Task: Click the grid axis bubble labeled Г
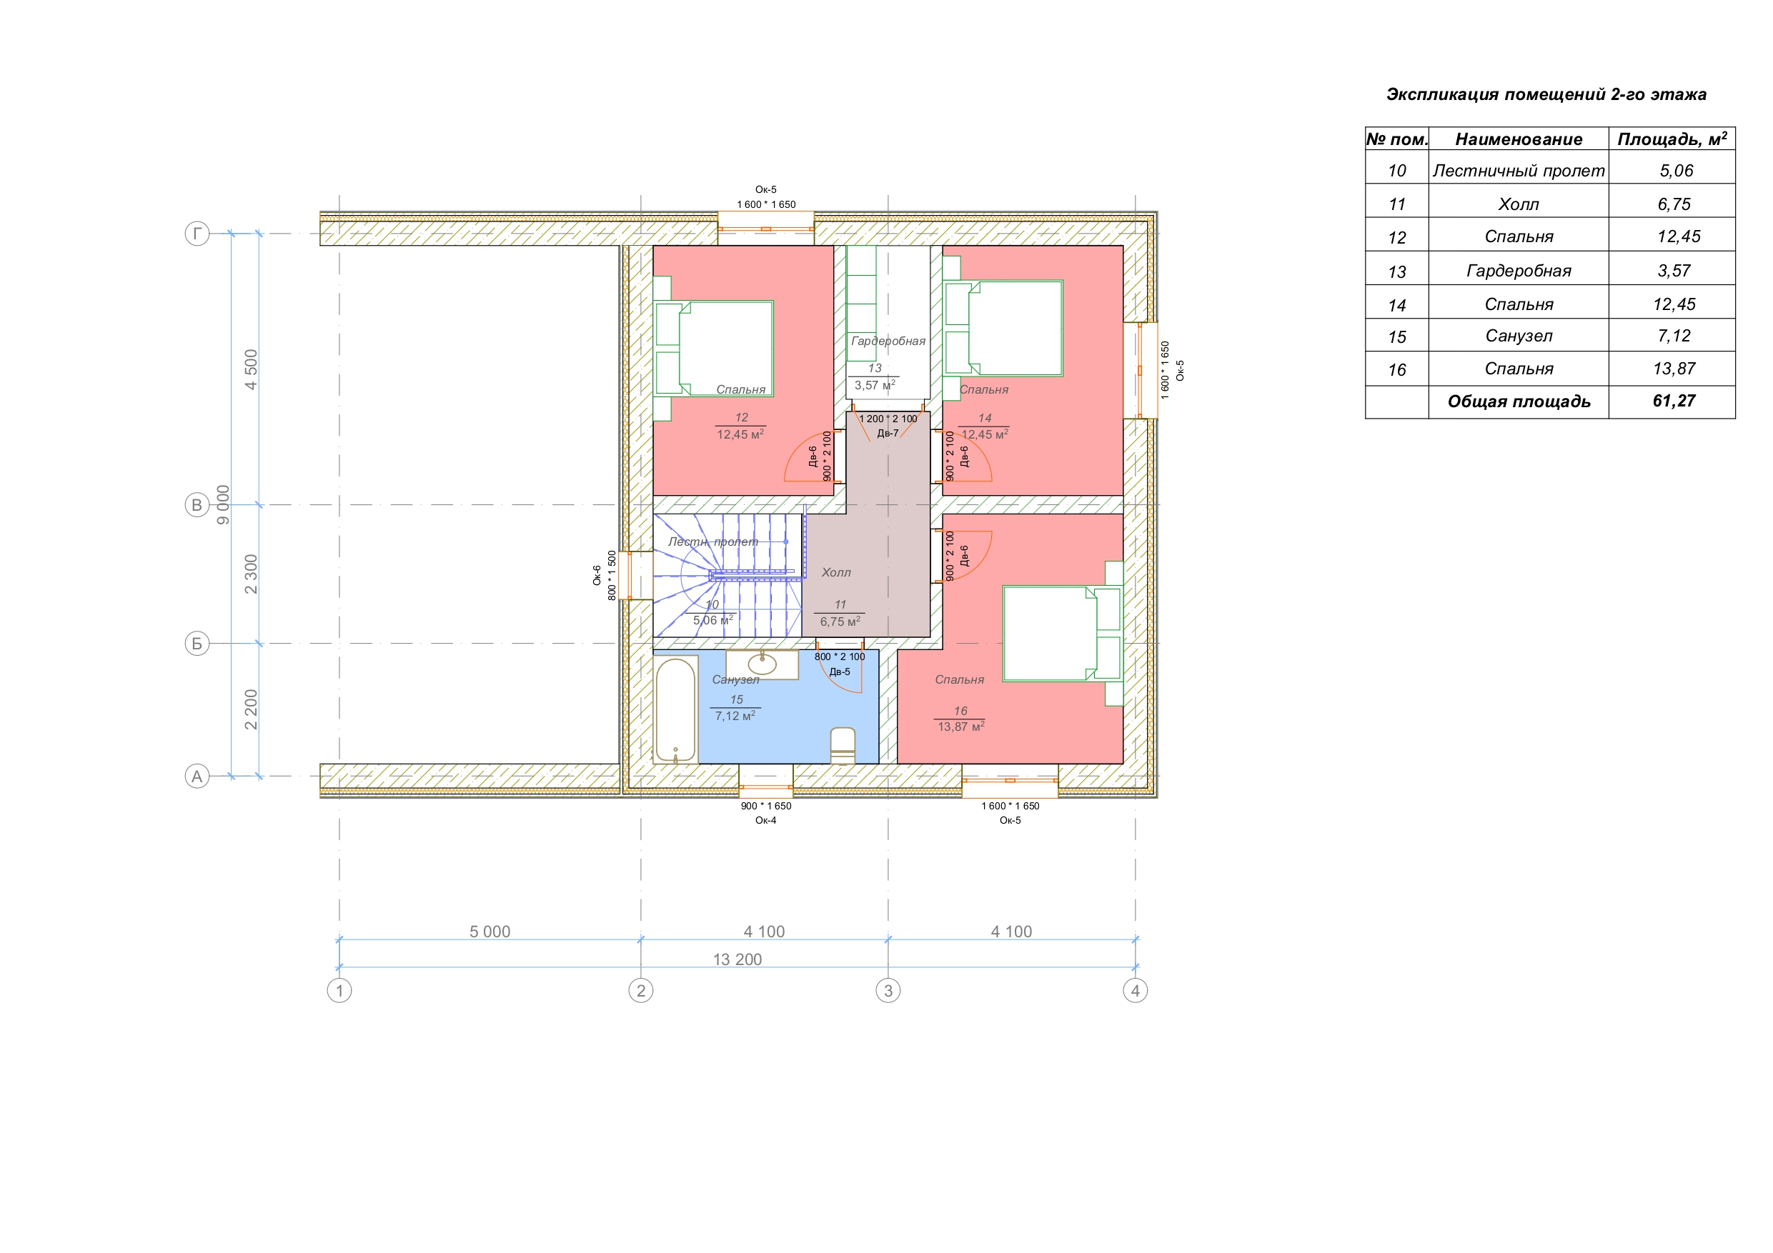(x=197, y=233)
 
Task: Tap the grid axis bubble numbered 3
(x=888, y=991)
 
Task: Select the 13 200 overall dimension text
(x=737, y=959)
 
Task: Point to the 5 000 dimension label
(x=490, y=932)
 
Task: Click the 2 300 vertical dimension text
(x=251, y=574)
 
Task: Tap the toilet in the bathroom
(x=843, y=746)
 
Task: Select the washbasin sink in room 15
(x=763, y=664)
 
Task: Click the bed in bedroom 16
(x=1062, y=634)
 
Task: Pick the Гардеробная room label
(x=888, y=341)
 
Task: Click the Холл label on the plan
(x=836, y=573)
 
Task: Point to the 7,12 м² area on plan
(x=735, y=716)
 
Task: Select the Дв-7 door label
(x=888, y=433)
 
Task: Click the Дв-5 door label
(x=840, y=672)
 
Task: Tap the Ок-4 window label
(x=766, y=820)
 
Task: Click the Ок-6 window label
(x=597, y=575)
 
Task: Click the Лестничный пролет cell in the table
(x=1519, y=171)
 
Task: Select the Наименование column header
(x=1519, y=139)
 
